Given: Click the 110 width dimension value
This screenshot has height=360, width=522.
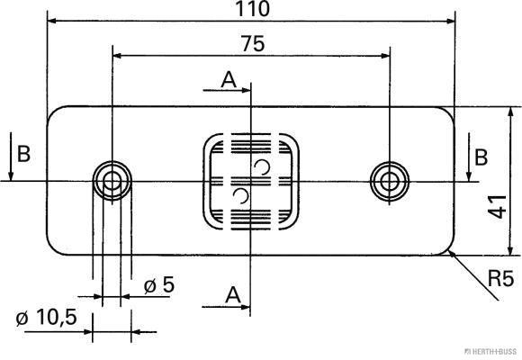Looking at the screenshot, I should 251,9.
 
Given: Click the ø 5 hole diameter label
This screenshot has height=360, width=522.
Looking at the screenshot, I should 158,285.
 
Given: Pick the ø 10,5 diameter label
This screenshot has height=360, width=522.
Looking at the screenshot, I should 44,318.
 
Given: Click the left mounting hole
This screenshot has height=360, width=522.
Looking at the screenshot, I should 112,181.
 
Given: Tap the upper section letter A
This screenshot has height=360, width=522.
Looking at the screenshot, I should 229,80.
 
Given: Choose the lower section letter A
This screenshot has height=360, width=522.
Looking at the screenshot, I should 232,294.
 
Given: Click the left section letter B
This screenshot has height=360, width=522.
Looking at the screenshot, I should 23,154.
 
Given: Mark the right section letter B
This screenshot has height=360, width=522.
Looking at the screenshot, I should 481,157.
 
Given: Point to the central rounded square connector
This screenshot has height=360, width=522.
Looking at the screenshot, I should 250,182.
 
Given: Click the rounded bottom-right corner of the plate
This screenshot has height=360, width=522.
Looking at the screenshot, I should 449,249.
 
